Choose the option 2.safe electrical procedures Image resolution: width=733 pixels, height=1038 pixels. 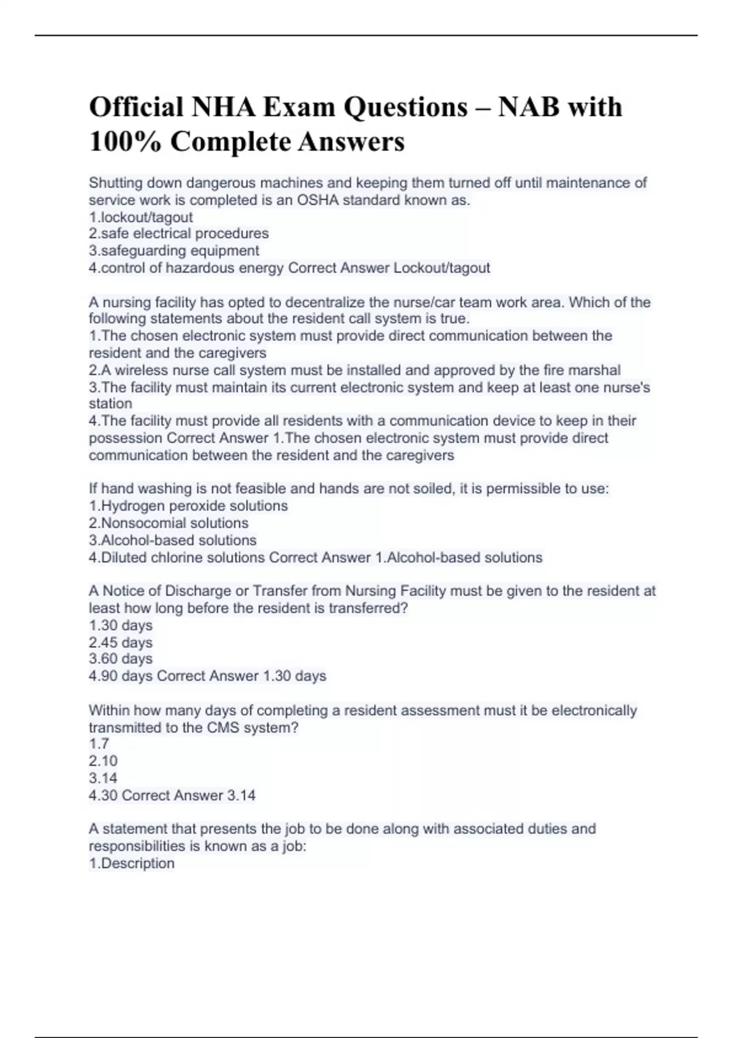point(178,234)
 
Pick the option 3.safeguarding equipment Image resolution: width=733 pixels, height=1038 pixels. point(174,251)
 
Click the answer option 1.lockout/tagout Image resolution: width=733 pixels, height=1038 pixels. point(140,217)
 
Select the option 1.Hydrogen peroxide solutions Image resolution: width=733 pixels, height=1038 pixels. point(188,506)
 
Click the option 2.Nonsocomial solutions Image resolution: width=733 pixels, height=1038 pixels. point(169,523)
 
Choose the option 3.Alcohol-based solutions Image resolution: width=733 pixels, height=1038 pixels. point(172,540)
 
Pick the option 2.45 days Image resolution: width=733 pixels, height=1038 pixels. point(120,642)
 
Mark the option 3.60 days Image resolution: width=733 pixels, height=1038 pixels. point(120,659)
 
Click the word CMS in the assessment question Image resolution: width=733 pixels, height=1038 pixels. point(223,728)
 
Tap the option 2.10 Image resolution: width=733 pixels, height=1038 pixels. point(103,761)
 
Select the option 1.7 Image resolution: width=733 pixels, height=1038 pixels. point(98,744)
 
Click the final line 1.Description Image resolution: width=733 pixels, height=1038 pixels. point(131,863)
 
